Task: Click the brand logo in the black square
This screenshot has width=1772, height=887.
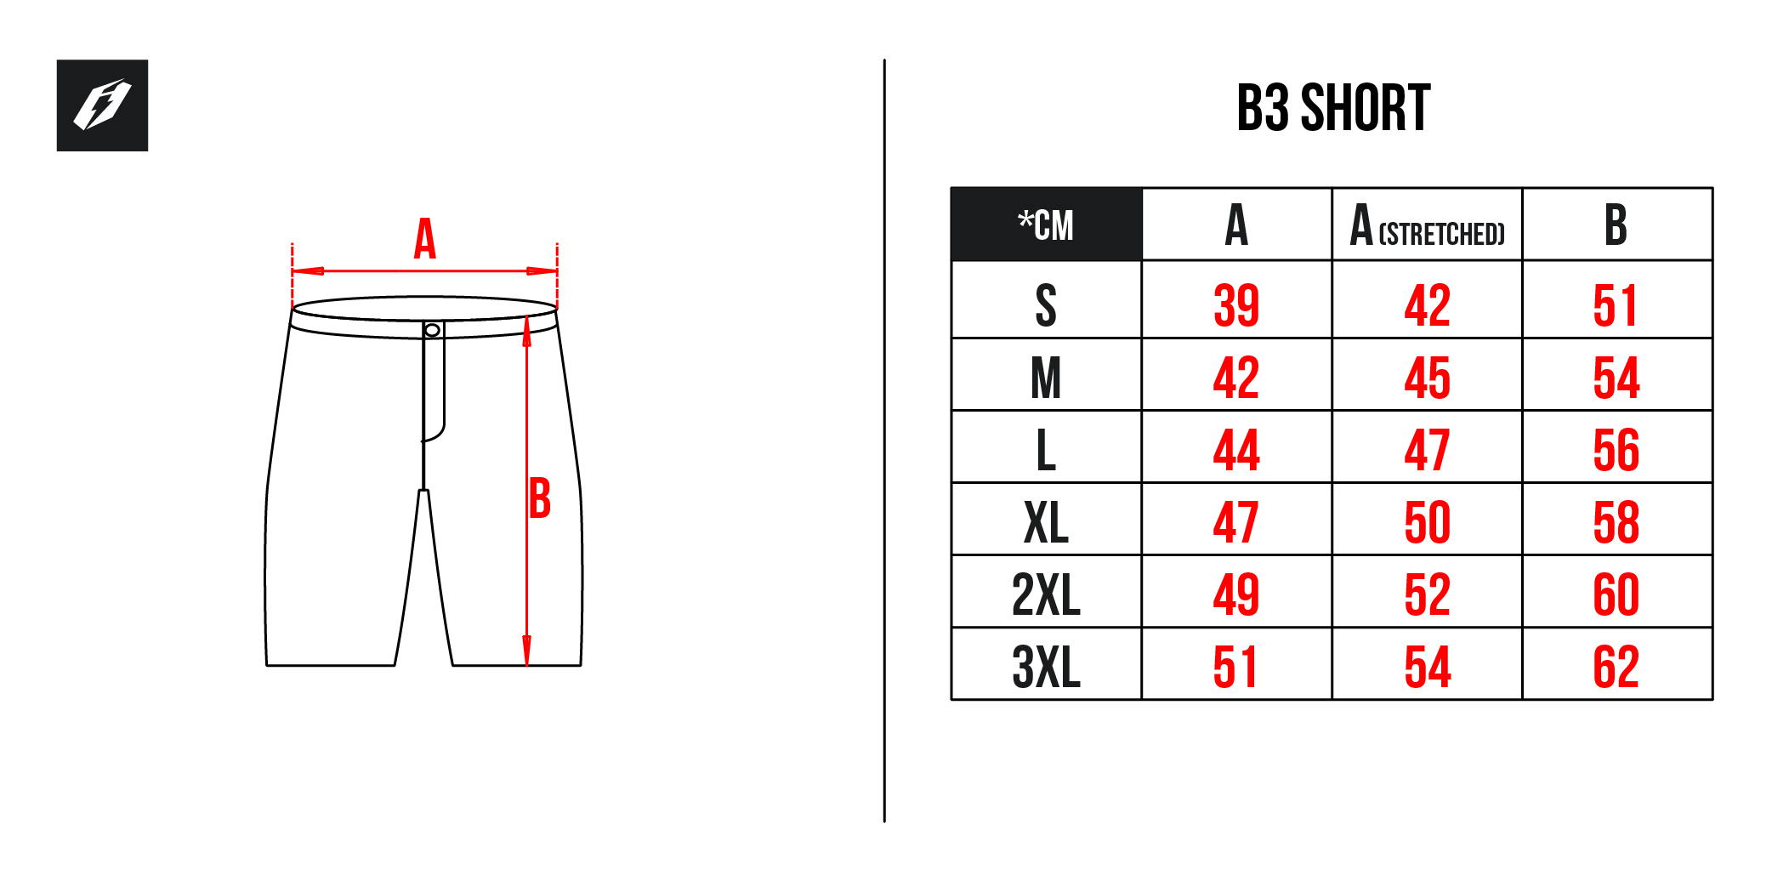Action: pos(102,105)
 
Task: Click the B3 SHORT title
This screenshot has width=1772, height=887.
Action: pos(1333,109)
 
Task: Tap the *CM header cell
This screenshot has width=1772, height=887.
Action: pos(1046,225)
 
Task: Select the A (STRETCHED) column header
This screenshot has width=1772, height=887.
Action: pos(1427,225)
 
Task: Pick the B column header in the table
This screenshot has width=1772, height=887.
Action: pos(1616,225)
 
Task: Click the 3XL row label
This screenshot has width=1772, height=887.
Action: pos(1046,667)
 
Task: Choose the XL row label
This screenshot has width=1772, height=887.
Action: pos(1046,522)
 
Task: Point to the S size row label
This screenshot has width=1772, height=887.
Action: pos(1046,305)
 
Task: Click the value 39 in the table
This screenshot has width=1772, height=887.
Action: pos(1236,305)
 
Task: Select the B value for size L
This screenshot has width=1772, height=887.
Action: pos(1616,450)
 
